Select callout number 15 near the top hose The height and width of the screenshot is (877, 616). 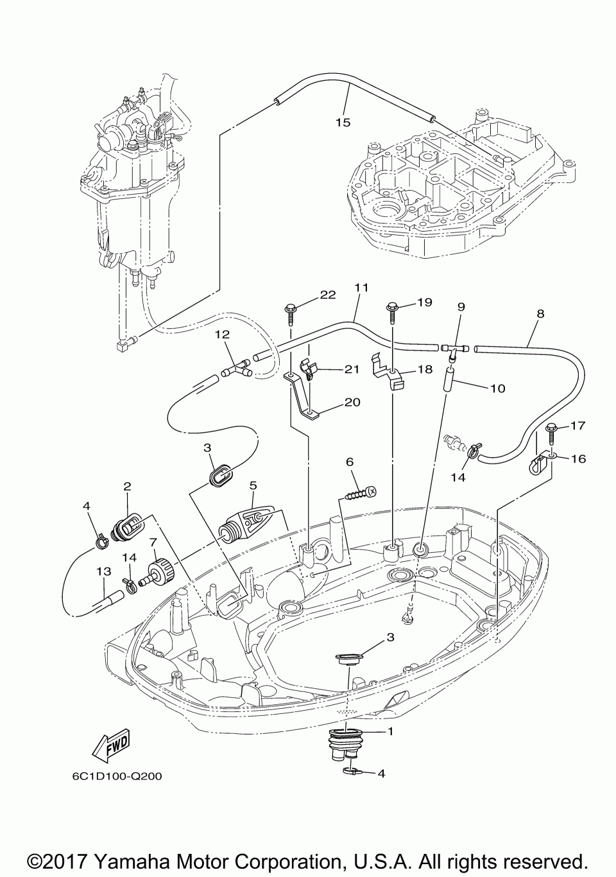point(343,123)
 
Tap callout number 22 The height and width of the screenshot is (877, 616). point(327,295)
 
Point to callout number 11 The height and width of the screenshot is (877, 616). point(362,288)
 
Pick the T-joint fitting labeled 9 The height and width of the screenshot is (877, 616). point(455,351)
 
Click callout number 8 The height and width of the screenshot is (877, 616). point(540,313)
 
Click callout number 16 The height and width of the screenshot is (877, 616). point(578,458)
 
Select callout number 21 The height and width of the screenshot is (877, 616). point(351,369)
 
